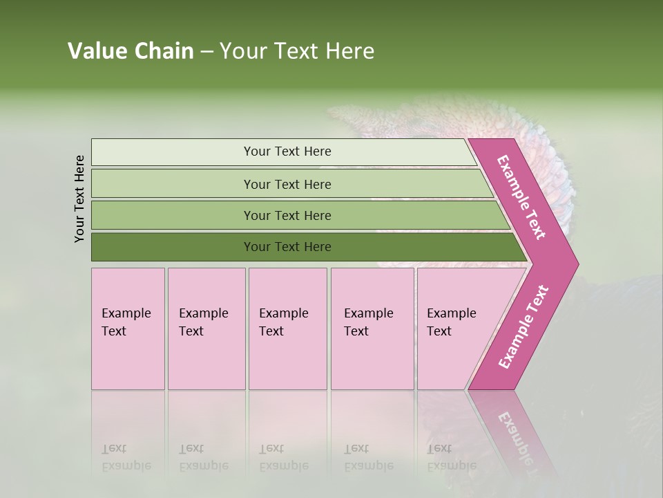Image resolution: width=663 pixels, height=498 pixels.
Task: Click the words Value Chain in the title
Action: pyautogui.click(x=131, y=51)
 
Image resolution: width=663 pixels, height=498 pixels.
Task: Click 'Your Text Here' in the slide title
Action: pyautogui.click(x=297, y=51)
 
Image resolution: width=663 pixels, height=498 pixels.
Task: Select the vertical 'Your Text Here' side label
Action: pyautogui.click(x=79, y=199)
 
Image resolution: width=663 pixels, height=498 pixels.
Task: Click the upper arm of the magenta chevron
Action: pyautogui.click(x=522, y=197)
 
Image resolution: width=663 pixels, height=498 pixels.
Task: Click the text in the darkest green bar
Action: pyautogui.click(x=287, y=247)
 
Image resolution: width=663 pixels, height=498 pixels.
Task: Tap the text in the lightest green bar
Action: pyautogui.click(x=287, y=151)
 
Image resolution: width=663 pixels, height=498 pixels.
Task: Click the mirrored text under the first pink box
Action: pyautogui.click(x=126, y=457)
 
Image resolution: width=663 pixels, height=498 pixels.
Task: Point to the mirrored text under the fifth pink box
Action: pyautogui.click(x=452, y=457)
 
